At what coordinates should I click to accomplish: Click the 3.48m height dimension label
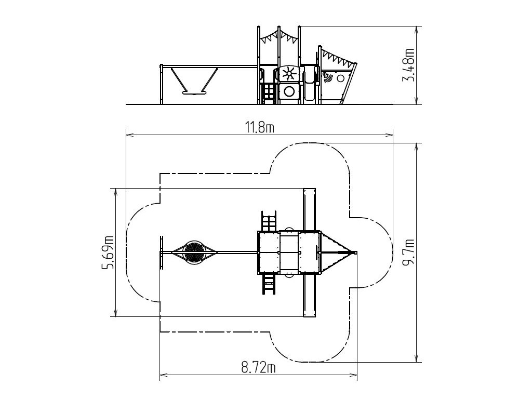pos(408,65)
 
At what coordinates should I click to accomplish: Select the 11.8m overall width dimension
pos(260,128)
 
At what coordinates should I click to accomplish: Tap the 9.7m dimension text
pos(408,253)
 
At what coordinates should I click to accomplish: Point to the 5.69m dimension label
pos(108,252)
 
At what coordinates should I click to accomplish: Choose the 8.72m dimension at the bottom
pos(258,367)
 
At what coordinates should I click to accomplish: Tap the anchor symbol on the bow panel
pos(328,78)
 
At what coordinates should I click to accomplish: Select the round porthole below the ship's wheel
pos(289,91)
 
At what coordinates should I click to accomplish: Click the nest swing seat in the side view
pos(194,92)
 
